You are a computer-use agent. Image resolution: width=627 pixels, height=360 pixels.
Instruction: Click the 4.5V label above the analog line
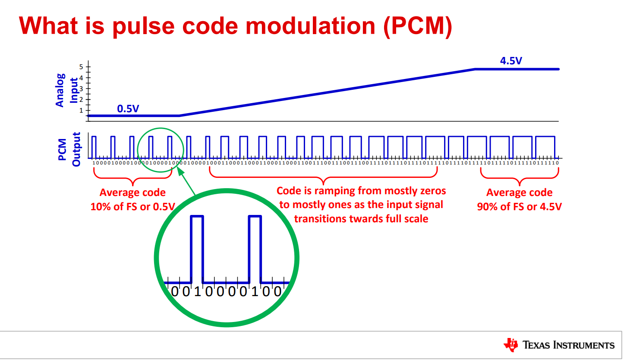[x=511, y=61]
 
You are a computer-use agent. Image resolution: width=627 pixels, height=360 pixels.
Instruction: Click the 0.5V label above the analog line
[x=128, y=109]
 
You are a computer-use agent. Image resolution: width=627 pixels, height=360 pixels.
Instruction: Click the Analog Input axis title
[x=67, y=90]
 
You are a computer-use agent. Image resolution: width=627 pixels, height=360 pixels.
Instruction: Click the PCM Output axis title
[x=69, y=149]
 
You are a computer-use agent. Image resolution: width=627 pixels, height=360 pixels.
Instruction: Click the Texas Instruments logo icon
[x=510, y=344]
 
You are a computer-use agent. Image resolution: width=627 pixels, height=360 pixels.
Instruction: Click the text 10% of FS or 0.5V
[x=132, y=207]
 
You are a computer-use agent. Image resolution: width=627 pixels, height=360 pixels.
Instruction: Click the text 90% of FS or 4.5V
[x=519, y=207]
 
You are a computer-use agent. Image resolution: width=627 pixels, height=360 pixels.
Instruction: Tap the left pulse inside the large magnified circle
[x=197, y=248]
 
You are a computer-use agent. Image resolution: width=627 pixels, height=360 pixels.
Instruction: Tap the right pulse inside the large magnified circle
[x=255, y=248]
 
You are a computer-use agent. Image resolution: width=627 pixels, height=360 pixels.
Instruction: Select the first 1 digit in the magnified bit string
[x=197, y=292]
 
